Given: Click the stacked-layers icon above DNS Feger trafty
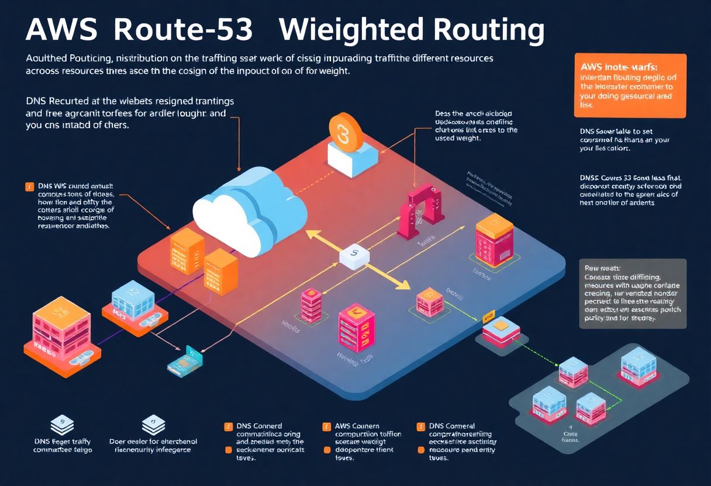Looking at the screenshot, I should click(58, 423).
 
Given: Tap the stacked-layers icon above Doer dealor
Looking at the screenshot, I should click(153, 423).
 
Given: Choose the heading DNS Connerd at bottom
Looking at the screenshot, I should click(260, 426).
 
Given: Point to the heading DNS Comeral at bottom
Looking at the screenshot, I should click(452, 426).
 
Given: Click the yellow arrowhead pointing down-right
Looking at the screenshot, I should click(403, 285).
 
